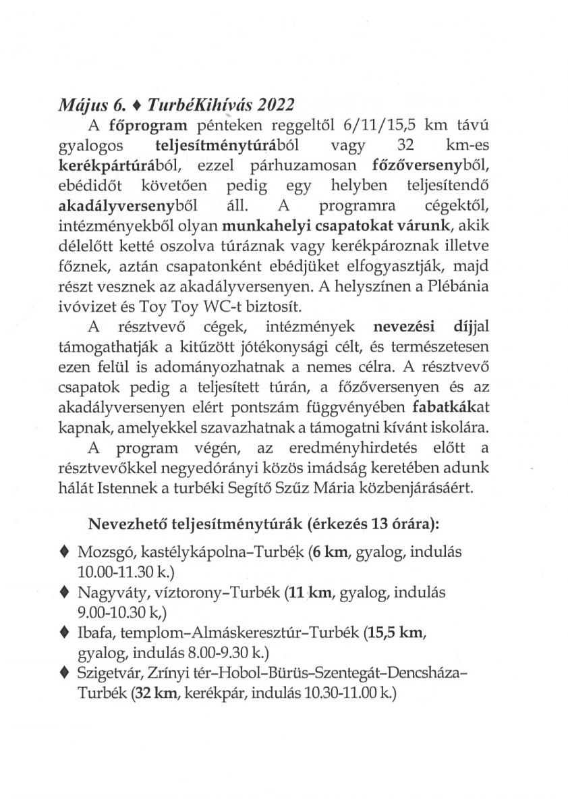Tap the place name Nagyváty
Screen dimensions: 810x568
[105, 594]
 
